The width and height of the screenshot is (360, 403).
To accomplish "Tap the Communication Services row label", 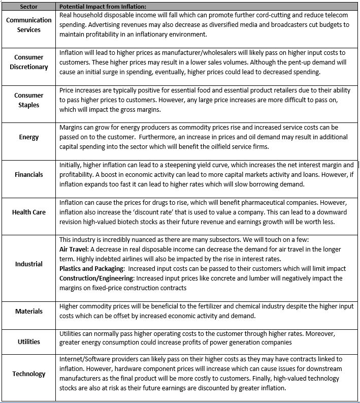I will [29, 25].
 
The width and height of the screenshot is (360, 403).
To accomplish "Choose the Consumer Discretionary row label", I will [29, 62].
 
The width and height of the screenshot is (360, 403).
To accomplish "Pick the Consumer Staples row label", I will [29, 100].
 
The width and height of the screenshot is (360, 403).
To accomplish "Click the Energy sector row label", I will [29, 137].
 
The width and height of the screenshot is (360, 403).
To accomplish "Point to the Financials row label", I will [29, 174].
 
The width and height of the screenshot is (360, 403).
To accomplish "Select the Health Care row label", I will [29, 212].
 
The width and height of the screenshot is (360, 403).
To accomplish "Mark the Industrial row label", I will [29, 264].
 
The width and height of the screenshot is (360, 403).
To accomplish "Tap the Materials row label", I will [29, 311].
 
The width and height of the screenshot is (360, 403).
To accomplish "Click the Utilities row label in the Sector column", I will [29, 342].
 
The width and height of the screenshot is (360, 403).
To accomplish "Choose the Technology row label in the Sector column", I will [29, 374].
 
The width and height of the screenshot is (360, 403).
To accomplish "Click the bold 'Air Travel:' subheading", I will [75, 249].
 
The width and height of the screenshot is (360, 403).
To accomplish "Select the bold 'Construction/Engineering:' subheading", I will [97, 278].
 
